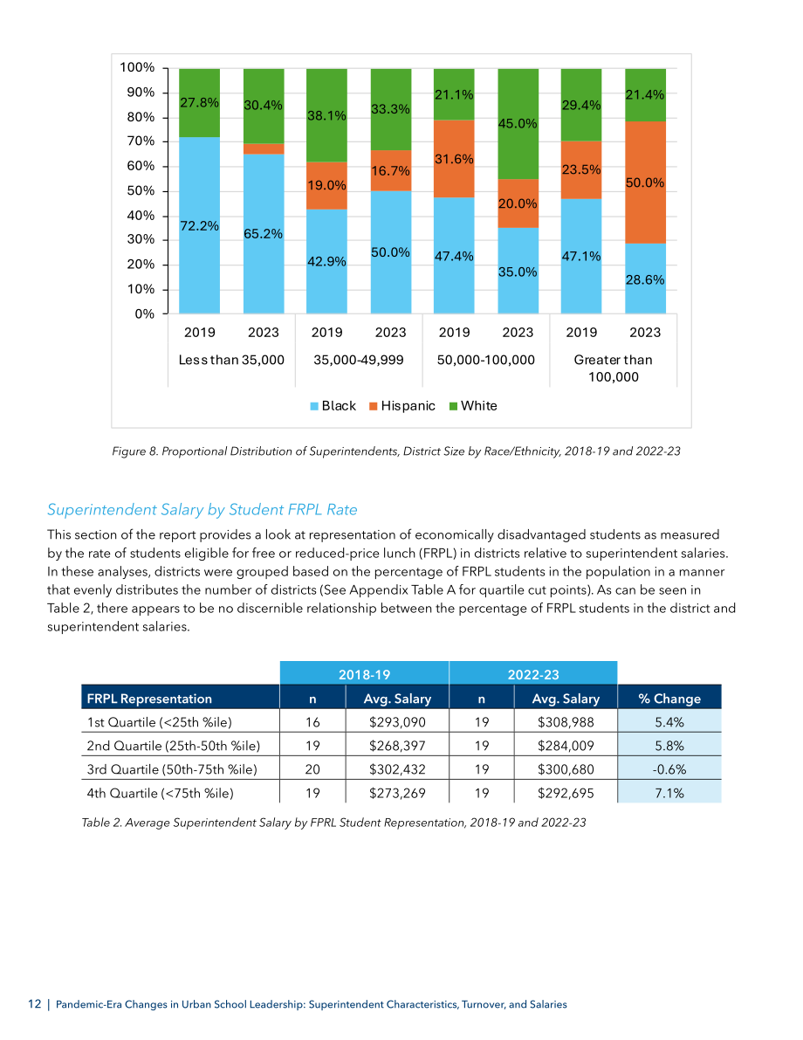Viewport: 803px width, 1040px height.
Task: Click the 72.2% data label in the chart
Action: point(200,226)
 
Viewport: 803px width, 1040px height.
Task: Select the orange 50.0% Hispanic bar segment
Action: point(645,183)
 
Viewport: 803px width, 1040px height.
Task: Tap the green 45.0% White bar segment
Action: point(518,124)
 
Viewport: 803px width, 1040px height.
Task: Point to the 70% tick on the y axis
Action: point(141,141)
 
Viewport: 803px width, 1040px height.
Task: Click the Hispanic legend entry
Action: point(402,406)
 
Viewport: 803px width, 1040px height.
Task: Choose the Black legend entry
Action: point(333,406)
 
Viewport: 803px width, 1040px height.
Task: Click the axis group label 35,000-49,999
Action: point(359,360)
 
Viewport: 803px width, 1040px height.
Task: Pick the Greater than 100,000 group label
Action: point(614,368)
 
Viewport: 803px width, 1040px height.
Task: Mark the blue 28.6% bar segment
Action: point(645,279)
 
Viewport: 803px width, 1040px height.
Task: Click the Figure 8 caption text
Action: point(396,451)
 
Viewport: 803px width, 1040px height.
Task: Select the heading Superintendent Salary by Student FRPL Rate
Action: point(202,509)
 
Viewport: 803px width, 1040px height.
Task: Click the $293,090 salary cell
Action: point(397,722)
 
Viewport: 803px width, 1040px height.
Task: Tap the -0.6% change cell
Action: point(669,769)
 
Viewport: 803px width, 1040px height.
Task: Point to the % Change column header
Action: point(669,699)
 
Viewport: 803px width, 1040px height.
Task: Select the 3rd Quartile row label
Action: point(172,769)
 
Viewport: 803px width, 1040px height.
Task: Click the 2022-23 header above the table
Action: point(533,674)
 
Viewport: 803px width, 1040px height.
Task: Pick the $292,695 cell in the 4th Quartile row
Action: point(566,793)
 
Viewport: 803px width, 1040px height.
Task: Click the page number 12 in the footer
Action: point(35,1004)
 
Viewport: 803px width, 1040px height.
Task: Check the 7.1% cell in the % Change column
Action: point(669,793)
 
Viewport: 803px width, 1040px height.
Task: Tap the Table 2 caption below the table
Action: point(333,823)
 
